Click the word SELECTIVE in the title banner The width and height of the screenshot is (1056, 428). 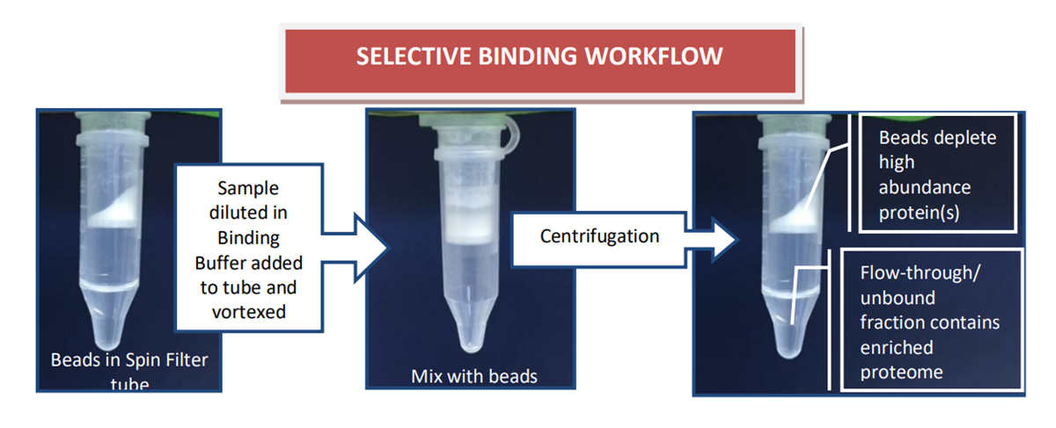pos(414,56)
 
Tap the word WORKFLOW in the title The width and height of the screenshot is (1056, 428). pos(653,56)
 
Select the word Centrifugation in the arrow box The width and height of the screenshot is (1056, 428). pos(599,236)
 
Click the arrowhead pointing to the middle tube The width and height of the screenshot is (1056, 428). pos(371,247)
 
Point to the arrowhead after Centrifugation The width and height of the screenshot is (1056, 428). pos(723,240)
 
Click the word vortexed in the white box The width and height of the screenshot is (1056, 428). pos(248,312)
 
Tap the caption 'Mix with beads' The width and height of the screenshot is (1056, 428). pos(473,376)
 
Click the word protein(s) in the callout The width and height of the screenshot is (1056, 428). pos(919,213)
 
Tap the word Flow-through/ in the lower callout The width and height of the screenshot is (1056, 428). pos(920,272)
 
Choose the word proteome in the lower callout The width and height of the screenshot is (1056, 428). pos(901,373)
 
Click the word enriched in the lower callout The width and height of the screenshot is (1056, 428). pos(896,347)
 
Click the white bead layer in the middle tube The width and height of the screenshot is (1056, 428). pos(469,227)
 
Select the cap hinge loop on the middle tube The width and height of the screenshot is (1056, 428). pos(512,134)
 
